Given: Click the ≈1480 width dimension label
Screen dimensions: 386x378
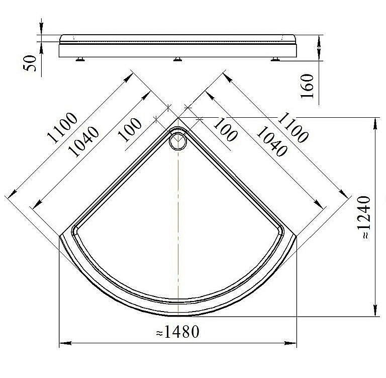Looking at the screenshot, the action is click(178, 332).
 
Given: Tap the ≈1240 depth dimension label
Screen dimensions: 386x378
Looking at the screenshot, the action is click(363, 217).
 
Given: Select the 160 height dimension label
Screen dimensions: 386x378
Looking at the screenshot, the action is click(307, 86).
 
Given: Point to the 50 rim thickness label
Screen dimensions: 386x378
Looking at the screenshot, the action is click(30, 63).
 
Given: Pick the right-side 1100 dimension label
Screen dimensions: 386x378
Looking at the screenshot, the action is click(293, 127).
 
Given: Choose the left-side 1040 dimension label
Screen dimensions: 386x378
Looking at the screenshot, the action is click(83, 141).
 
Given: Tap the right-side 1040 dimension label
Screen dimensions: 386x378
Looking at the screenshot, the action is click(272, 141).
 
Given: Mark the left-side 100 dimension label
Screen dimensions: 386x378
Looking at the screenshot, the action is click(130, 130).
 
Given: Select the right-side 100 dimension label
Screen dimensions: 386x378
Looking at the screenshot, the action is click(225, 129).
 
